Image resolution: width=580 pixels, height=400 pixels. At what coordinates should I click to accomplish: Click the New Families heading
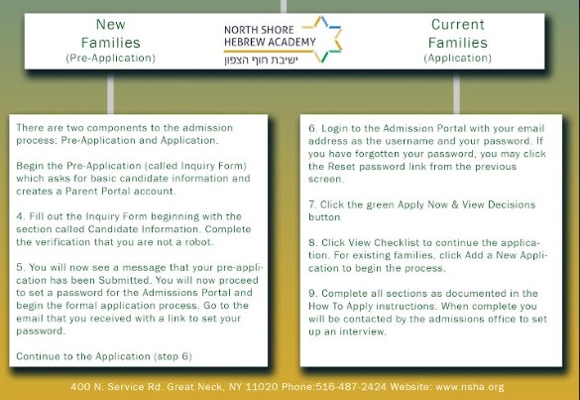(111, 34)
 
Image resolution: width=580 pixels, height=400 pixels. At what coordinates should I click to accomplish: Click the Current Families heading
(458, 34)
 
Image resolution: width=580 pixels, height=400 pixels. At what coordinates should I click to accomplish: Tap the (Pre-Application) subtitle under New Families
(111, 59)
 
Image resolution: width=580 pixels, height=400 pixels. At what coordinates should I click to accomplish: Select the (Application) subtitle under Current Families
(458, 59)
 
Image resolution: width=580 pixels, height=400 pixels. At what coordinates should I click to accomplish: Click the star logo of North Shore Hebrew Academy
(323, 39)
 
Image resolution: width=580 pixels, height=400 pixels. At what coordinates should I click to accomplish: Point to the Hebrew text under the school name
(261, 60)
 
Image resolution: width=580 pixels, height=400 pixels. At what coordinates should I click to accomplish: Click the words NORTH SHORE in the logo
(259, 30)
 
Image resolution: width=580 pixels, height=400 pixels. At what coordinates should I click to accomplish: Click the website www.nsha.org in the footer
(469, 387)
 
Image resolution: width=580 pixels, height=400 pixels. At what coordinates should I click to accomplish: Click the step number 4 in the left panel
(19, 216)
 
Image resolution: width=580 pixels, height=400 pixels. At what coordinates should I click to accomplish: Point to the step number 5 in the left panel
(19, 267)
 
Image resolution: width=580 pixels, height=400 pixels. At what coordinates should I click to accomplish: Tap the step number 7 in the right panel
(312, 204)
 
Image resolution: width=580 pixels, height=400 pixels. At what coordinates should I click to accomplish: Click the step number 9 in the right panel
(312, 294)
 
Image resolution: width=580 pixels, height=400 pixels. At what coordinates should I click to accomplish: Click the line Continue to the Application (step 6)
(104, 356)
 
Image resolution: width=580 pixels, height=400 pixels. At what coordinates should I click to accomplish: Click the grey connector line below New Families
(110, 92)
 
